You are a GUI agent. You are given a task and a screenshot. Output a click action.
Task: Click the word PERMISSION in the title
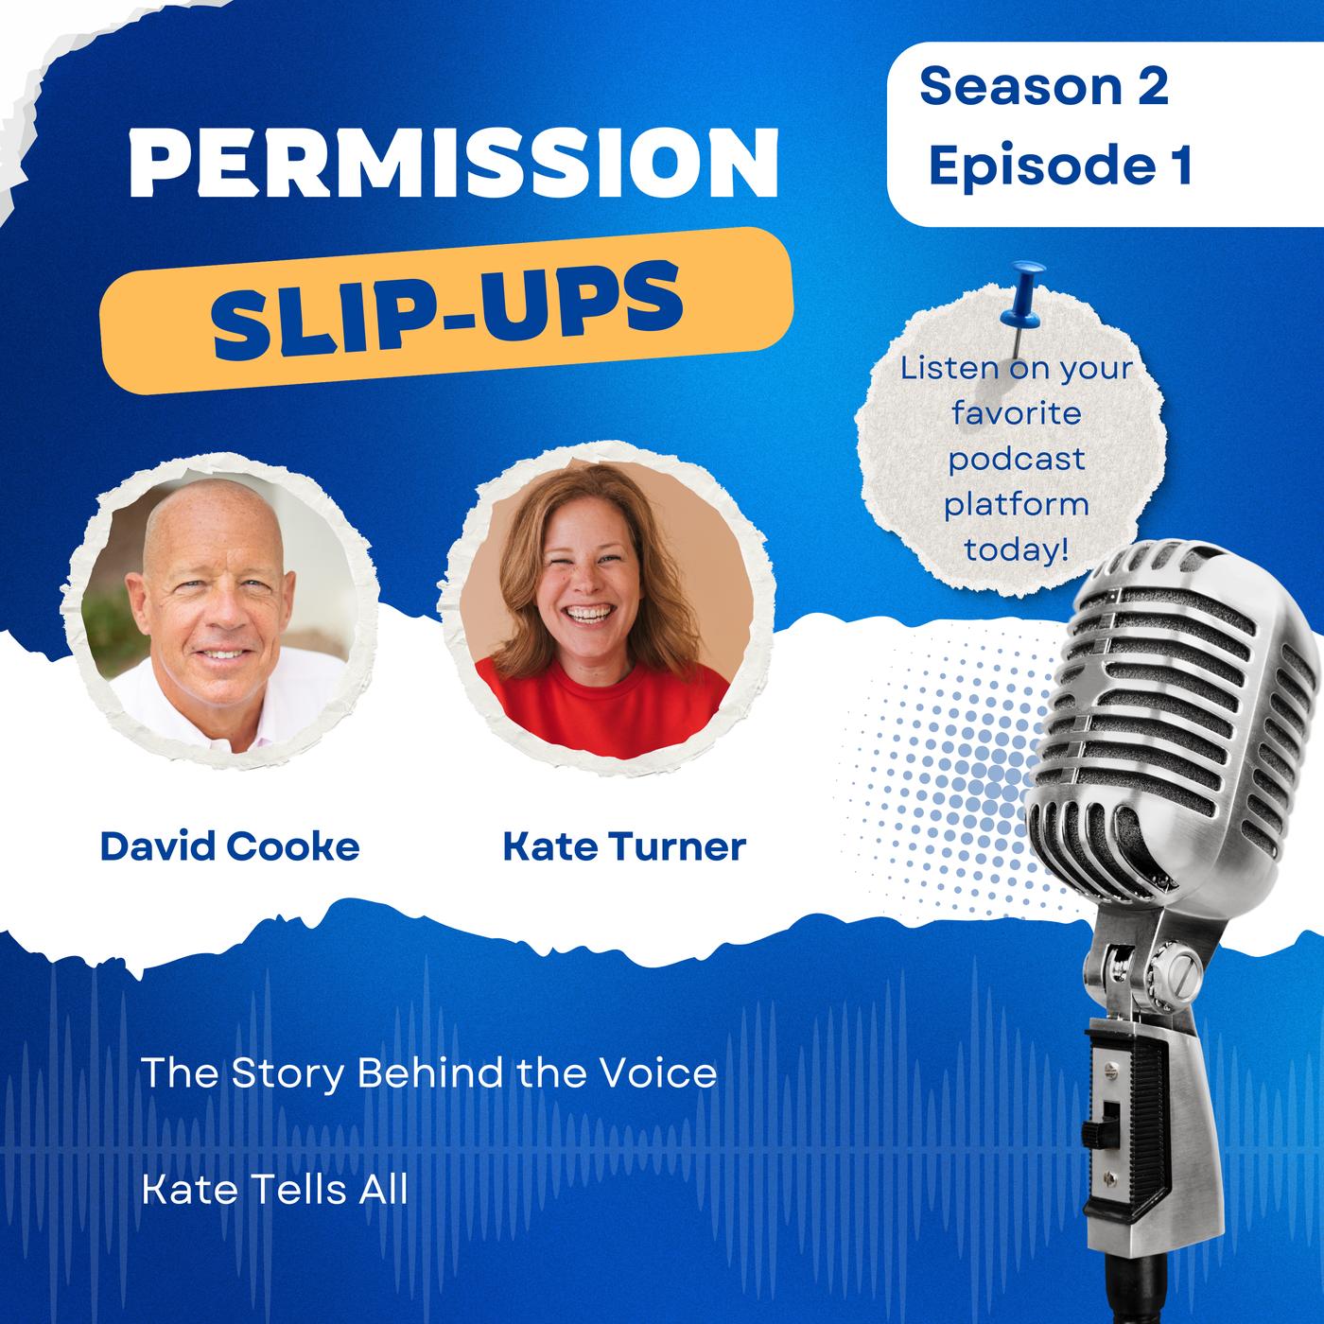[x=454, y=163]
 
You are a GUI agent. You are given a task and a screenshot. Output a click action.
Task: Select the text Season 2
[x=1044, y=87]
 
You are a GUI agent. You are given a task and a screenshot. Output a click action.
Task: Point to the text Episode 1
[x=1060, y=165]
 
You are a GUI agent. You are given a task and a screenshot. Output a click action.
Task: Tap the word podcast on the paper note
[x=1017, y=460]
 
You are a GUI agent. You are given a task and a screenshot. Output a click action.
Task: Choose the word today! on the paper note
[x=1017, y=549]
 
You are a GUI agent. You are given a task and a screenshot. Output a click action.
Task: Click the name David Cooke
[x=230, y=845]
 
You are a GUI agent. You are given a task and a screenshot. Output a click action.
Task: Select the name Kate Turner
[x=624, y=845]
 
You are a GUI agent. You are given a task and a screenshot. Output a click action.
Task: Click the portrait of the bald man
[x=219, y=612]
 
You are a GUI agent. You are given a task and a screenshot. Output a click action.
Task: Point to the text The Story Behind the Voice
[x=428, y=1072]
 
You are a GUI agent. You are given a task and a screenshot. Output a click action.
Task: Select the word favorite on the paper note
[x=1017, y=414]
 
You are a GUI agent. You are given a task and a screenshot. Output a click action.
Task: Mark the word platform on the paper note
[x=1017, y=504]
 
